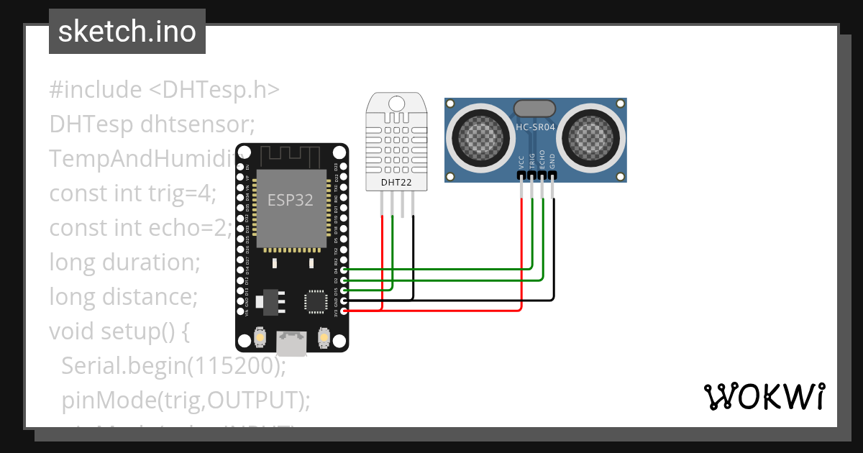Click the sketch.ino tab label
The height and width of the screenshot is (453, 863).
click(127, 32)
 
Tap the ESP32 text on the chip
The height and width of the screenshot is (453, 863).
click(291, 200)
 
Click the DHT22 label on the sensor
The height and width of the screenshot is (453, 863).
click(396, 183)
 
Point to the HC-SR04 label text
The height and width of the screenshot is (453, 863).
click(535, 127)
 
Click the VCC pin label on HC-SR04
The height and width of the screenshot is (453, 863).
click(521, 162)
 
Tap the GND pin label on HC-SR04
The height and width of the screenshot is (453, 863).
click(552, 161)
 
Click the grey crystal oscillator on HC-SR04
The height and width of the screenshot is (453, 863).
click(535, 108)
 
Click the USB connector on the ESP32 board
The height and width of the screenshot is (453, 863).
click(292, 343)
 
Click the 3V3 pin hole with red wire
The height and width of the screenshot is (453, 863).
click(344, 311)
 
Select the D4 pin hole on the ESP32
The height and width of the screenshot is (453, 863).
click(344, 270)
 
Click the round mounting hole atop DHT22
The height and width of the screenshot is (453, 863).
click(396, 102)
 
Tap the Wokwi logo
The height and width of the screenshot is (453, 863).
click(764, 396)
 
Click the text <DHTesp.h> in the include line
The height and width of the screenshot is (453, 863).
click(214, 90)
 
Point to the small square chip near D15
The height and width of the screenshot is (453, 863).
click(316, 301)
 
